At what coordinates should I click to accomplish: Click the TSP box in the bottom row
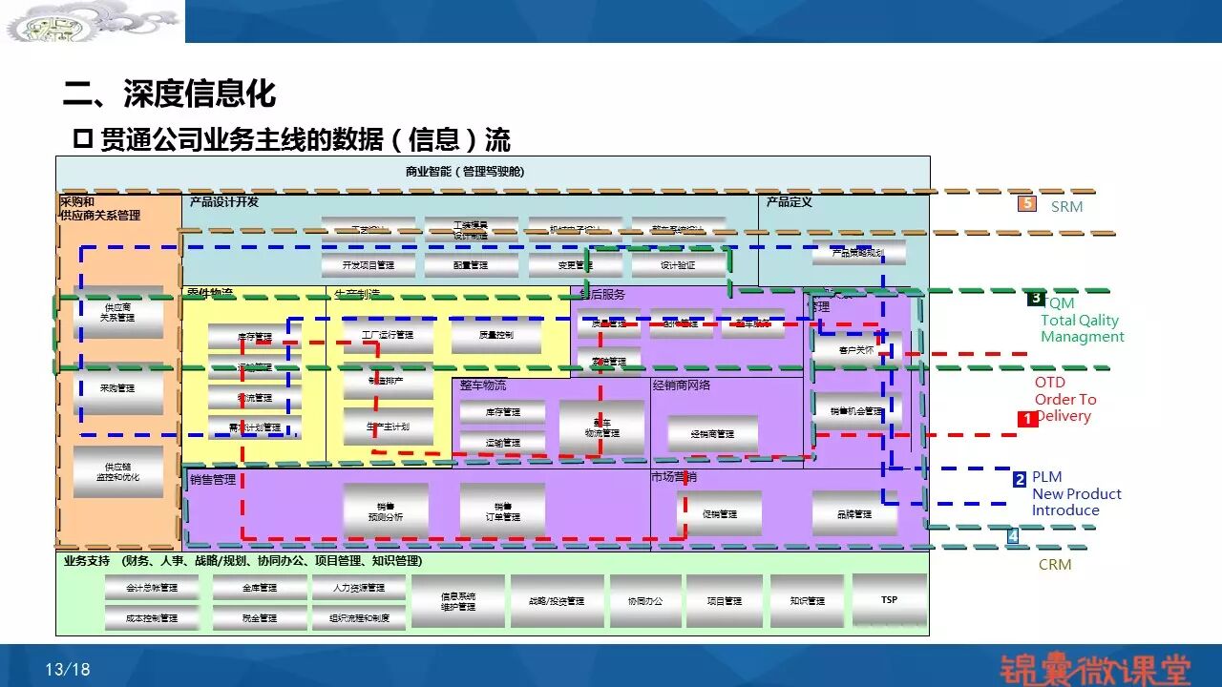click(x=889, y=599)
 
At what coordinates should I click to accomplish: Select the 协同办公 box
click(x=645, y=601)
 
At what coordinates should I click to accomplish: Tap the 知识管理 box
click(x=807, y=601)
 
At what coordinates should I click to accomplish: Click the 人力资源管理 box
click(x=359, y=588)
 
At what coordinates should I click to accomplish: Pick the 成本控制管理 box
click(x=152, y=617)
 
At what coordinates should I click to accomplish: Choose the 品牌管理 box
click(x=854, y=513)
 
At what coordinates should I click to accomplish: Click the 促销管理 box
click(x=719, y=513)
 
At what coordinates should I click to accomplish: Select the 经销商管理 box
click(x=713, y=433)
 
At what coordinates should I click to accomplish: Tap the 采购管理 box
click(x=117, y=388)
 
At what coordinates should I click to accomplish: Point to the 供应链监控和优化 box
click(x=117, y=471)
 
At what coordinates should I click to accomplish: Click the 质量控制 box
click(x=495, y=335)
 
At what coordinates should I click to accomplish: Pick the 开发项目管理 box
click(x=369, y=264)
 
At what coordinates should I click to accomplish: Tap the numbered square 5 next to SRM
click(x=1027, y=203)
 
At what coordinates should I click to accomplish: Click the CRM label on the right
click(x=1055, y=565)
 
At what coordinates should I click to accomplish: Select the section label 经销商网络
click(x=682, y=385)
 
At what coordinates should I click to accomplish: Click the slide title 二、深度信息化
click(x=170, y=94)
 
